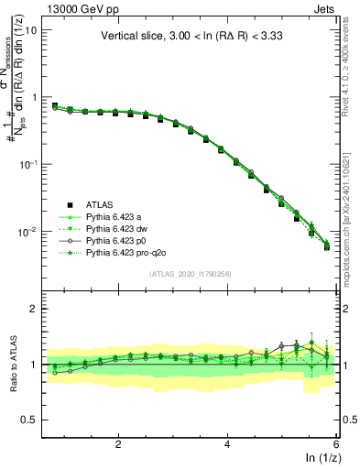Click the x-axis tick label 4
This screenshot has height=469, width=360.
tap(227, 444)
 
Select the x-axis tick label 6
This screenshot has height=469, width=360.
tap(336, 444)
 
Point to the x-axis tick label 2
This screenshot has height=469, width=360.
tap(118, 444)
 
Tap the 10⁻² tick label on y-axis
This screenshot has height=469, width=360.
tap(27, 232)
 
